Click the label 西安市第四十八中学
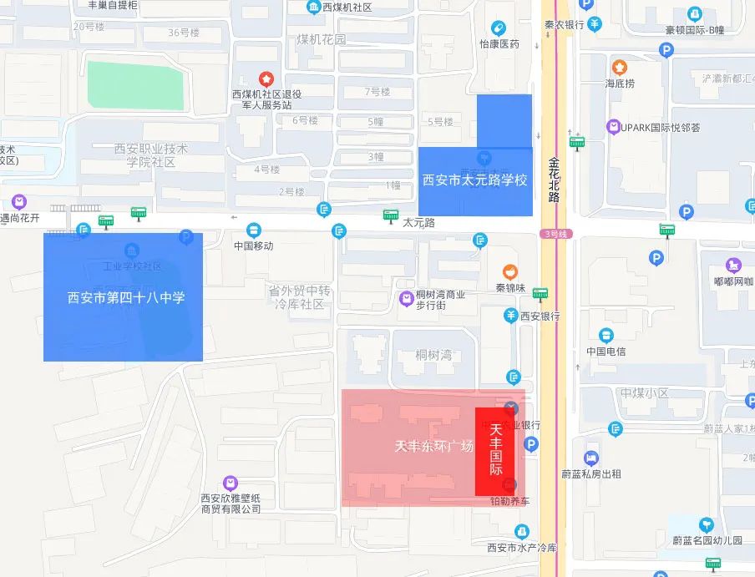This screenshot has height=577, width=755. [125, 297]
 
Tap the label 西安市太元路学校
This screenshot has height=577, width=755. [474, 180]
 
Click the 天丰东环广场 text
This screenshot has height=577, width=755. [435, 446]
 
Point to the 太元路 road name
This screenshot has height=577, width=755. [419, 223]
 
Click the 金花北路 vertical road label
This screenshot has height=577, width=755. [554, 179]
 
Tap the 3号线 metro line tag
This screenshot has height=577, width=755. [554, 234]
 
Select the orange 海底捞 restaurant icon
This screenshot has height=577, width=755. [620, 67]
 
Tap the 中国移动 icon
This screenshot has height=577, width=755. [254, 230]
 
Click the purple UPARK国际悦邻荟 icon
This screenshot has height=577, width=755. [614, 127]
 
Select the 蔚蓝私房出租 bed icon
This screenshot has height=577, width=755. [591, 458]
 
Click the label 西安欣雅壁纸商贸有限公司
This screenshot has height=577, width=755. [231, 503]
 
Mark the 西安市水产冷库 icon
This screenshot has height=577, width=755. [522, 531]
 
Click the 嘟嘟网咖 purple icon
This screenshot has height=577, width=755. [734, 266]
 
